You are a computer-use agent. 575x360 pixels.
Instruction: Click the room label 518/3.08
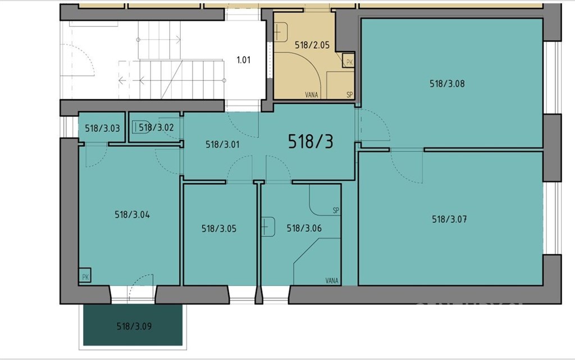(x=447, y=84)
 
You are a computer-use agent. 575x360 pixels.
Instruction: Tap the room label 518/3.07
(x=449, y=219)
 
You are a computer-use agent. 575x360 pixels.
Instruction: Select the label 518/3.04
(x=132, y=215)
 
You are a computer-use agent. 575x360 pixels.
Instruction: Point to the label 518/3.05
(x=219, y=229)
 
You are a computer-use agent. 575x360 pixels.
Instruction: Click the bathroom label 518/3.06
(x=304, y=229)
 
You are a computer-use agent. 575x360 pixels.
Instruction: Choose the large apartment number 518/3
(x=311, y=141)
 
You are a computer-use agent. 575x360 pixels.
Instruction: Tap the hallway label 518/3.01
(x=222, y=144)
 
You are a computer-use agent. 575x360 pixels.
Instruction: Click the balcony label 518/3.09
(x=134, y=326)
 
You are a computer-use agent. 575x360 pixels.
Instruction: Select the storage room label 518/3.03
(x=102, y=128)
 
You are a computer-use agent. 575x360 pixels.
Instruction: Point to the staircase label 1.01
(x=244, y=60)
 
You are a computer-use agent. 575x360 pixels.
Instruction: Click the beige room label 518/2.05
(x=312, y=45)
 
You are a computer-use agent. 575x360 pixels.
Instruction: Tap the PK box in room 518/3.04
(x=85, y=275)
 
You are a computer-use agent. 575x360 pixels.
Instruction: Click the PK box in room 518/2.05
(x=349, y=61)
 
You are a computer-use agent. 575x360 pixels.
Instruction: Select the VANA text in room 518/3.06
(x=332, y=281)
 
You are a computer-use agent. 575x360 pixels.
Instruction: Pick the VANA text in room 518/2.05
(x=312, y=94)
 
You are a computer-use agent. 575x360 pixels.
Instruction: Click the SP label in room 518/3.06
(x=336, y=211)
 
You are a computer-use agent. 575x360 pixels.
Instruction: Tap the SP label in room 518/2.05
(x=350, y=94)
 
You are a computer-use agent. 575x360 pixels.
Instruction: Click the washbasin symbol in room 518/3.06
(x=268, y=227)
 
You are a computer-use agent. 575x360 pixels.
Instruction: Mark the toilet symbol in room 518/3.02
(x=140, y=127)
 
